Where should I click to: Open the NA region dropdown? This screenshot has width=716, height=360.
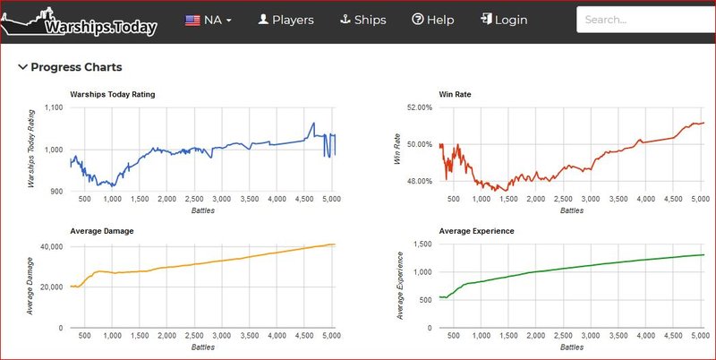[209, 20]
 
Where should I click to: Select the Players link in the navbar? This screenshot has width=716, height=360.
[286, 20]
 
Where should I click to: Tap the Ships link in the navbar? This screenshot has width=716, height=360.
[364, 20]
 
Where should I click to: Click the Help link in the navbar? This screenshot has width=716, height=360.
[433, 20]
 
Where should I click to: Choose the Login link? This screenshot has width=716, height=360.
[503, 20]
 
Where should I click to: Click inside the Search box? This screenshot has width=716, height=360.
[644, 20]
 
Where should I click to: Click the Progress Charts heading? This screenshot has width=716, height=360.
[76, 67]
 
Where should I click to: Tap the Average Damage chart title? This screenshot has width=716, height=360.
[101, 231]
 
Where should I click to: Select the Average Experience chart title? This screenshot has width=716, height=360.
[476, 231]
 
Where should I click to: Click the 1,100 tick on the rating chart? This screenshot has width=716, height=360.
[53, 107]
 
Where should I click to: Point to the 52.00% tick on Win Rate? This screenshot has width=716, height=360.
[420, 107]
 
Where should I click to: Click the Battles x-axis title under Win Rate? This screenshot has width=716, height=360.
[571, 211]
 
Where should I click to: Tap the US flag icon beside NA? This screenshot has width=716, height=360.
[192, 20]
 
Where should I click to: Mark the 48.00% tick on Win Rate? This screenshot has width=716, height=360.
[420, 182]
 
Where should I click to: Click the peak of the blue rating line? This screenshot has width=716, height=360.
[313, 123]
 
